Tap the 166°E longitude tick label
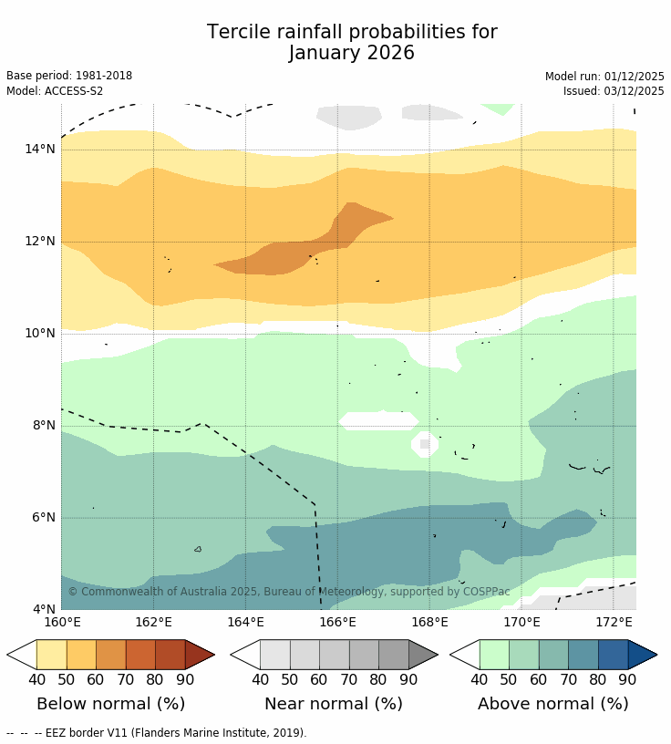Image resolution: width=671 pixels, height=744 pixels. (337, 623)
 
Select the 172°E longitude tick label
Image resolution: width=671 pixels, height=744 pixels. (614, 623)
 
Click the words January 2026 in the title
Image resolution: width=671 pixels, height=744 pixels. (352, 54)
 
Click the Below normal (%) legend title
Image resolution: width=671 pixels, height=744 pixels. (110, 704)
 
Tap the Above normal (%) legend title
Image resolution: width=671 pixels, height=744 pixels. (553, 704)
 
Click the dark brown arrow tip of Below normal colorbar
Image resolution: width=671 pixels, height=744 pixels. (199, 655)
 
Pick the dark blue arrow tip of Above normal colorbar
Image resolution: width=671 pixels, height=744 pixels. (642, 655)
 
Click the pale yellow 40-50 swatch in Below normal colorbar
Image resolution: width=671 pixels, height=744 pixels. (51, 655)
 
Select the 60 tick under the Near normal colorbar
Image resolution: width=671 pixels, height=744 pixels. (319, 679)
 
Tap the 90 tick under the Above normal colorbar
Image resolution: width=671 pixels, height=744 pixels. (627, 679)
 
